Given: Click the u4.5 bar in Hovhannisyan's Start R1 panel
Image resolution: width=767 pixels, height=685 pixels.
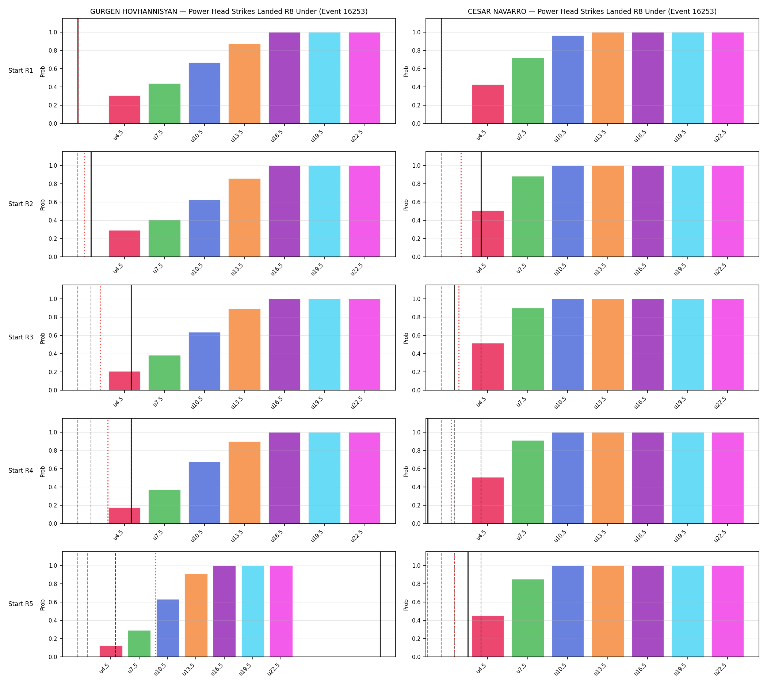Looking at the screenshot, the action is pyautogui.click(x=125, y=110).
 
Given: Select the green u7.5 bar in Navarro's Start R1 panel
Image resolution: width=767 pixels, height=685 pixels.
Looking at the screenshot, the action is pyautogui.click(x=528, y=91).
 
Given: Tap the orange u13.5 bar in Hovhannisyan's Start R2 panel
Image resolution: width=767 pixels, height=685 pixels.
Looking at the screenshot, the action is pyautogui.click(x=244, y=217).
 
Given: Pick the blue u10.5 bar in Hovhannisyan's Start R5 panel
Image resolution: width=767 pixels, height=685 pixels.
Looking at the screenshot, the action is pyautogui.click(x=168, y=628).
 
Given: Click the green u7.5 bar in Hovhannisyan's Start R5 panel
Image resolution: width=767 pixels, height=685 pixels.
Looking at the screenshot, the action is pyautogui.click(x=139, y=644).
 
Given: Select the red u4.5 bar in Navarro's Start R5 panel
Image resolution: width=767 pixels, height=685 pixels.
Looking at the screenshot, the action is pyautogui.click(x=488, y=636).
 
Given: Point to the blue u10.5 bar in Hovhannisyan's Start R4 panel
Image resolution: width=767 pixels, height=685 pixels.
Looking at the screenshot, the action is pyautogui.click(x=205, y=493).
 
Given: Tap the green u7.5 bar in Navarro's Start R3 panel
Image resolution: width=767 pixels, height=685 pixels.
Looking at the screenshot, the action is pyautogui.click(x=528, y=349).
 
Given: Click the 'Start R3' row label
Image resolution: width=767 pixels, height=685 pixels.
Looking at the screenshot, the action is pyautogui.click(x=21, y=337).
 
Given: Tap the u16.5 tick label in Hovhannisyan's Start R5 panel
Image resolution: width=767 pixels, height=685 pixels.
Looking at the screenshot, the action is pyautogui.click(x=218, y=670).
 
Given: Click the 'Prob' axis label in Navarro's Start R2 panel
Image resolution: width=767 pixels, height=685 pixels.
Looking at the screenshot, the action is pyautogui.click(x=406, y=205).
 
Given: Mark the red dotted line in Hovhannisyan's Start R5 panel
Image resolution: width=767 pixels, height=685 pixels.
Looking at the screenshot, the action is pyautogui.click(x=156, y=605).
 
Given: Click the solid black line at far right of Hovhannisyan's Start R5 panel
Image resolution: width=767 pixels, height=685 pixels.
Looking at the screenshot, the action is pyautogui.click(x=380, y=605).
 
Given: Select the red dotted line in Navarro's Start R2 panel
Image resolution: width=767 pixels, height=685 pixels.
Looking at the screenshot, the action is pyautogui.click(x=461, y=204).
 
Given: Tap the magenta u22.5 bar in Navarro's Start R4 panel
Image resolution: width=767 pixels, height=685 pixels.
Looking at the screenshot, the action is pyautogui.click(x=728, y=478).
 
